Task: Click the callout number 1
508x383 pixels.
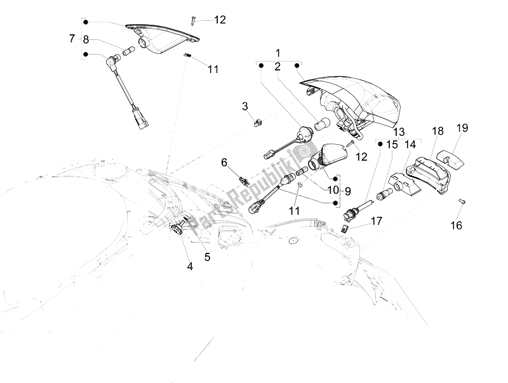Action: [x=277, y=52]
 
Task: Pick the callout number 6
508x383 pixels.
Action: [x=224, y=163]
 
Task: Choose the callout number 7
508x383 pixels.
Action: [x=72, y=39]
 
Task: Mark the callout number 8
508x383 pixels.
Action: [x=86, y=39]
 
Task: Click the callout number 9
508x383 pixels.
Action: [x=348, y=190]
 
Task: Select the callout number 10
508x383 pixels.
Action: [x=333, y=190]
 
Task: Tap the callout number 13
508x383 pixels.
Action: [x=399, y=131]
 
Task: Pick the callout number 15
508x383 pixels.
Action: [x=392, y=144]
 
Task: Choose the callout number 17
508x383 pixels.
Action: [x=377, y=221]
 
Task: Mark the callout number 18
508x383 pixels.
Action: [x=438, y=131]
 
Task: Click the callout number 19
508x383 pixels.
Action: [x=462, y=128]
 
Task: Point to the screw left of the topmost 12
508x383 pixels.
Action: [x=192, y=20]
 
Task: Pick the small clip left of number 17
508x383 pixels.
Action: [x=347, y=227]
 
